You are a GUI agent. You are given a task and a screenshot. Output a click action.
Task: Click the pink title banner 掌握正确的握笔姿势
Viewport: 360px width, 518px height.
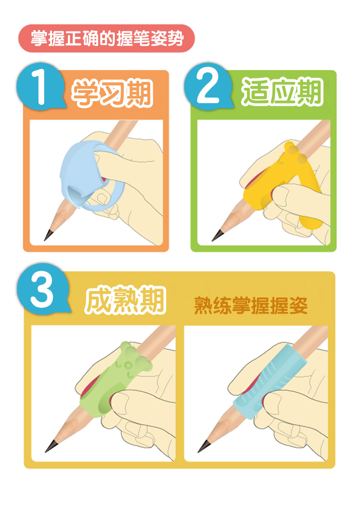coord(107,38)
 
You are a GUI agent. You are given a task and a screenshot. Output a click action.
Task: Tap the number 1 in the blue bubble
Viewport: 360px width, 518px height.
coord(39,86)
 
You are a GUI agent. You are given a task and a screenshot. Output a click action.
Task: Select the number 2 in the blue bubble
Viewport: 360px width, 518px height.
coord(208,86)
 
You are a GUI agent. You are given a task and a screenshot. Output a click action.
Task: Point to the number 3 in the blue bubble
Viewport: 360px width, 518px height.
coord(42,291)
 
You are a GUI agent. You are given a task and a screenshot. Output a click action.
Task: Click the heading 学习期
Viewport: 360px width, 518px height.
coord(112,93)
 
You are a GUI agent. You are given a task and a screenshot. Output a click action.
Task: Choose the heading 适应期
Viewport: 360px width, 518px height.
coord(282,92)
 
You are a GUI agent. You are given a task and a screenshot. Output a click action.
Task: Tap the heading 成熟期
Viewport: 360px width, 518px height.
coord(125,300)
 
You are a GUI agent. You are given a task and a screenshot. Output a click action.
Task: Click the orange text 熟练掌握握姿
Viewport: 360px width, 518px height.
coord(251,305)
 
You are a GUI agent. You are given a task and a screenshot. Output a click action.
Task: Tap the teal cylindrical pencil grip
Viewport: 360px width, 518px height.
coord(268,382)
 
